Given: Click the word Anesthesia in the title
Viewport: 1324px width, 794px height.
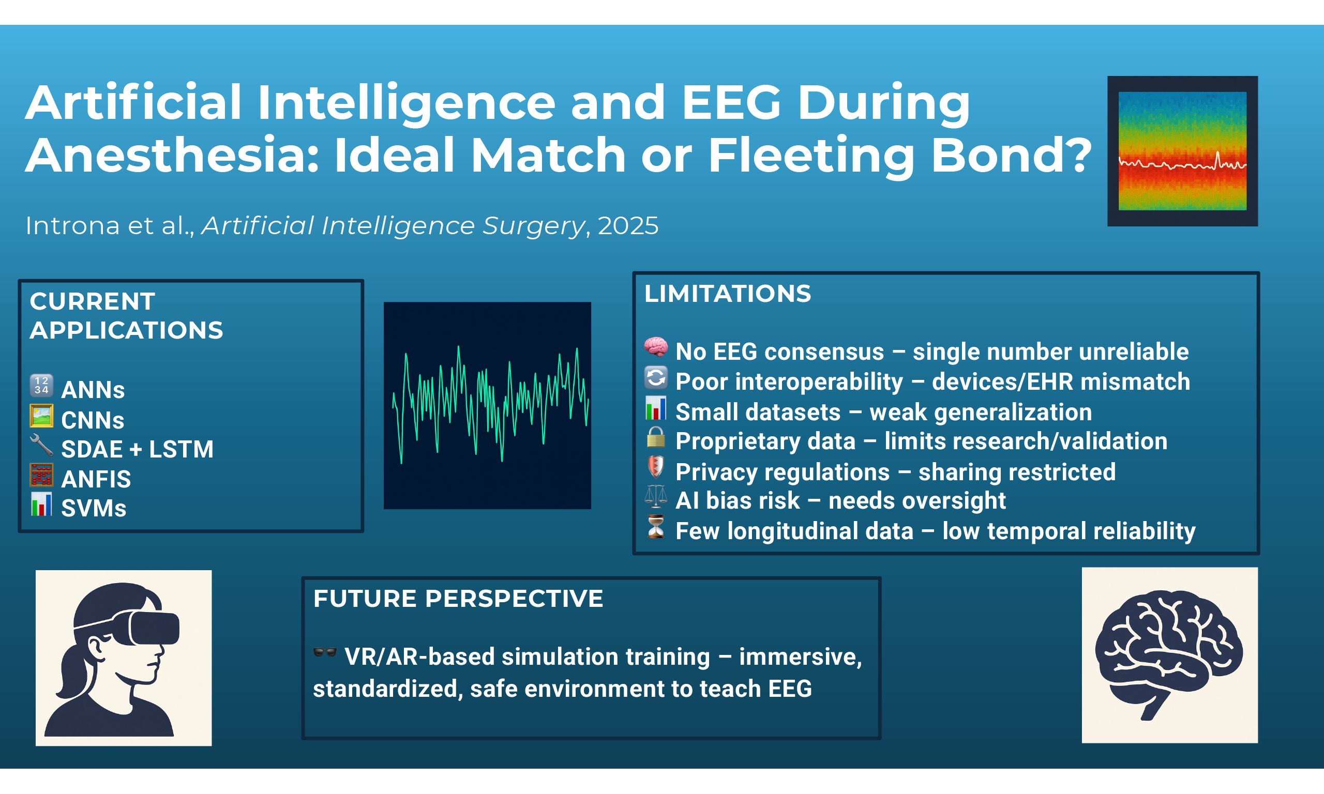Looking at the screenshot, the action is coord(172,155).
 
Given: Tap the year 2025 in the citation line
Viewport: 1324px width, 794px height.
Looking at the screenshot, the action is coord(628,226).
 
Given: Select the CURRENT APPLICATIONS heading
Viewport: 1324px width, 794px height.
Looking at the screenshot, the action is coord(126,316).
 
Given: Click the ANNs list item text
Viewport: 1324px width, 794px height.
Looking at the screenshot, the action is coord(93,390).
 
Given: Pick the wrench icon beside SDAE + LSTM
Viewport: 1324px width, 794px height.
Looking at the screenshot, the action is coord(41,445).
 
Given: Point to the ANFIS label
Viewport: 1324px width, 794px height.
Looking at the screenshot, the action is coord(96,479).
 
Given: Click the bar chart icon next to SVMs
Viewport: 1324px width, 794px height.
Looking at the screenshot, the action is coord(41,505).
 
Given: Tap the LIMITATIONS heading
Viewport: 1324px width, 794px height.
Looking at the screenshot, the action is coord(727,294).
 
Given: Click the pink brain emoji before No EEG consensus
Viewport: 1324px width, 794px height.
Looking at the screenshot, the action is coord(656,347).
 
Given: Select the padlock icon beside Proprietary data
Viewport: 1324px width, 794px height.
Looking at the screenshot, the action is coord(656,437).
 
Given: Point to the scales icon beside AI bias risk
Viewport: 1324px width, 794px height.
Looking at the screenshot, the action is coord(656,497).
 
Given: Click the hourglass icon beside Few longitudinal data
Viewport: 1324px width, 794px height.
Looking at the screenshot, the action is coord(656,526).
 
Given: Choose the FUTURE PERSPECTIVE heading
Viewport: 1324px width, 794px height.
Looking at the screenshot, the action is coord(458,598).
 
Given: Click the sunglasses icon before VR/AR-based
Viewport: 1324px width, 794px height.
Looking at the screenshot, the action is coord(325,652).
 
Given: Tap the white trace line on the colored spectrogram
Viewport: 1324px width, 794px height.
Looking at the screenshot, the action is coord(1182,164).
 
